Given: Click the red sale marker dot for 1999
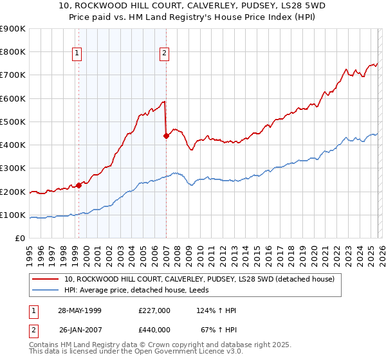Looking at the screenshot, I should (x=79, y=185).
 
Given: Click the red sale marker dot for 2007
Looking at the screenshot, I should (x=166, y=136).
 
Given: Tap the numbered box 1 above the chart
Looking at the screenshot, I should (x=77, y=54).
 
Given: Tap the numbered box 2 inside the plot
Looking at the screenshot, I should (x=164, y=54).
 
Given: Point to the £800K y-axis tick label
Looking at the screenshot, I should (x=13, y=52).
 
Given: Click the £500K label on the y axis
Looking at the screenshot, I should (x=13, y=122).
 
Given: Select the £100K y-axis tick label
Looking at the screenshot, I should (x=13, y=215).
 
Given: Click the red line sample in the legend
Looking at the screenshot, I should (x=46, y=280).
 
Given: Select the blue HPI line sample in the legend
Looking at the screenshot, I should (x=46, y=291).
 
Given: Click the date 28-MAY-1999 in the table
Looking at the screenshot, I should (x=80, y=310).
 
